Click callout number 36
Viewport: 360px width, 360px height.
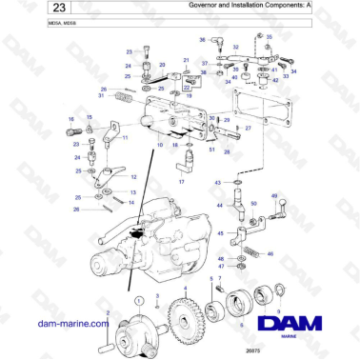click(x=202, y=40)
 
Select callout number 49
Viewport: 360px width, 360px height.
click(x=275, y=195)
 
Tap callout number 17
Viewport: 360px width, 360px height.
click(x=181, y=181)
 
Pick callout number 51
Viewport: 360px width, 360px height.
click(x=210, y=150)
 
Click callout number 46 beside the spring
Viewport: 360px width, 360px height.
click(x=270, y=254)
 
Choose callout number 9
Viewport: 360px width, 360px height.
click(x=278, y=310)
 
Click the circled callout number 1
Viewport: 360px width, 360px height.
click(x=142, y=297)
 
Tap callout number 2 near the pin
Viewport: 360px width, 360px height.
click(x=108, y=311)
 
